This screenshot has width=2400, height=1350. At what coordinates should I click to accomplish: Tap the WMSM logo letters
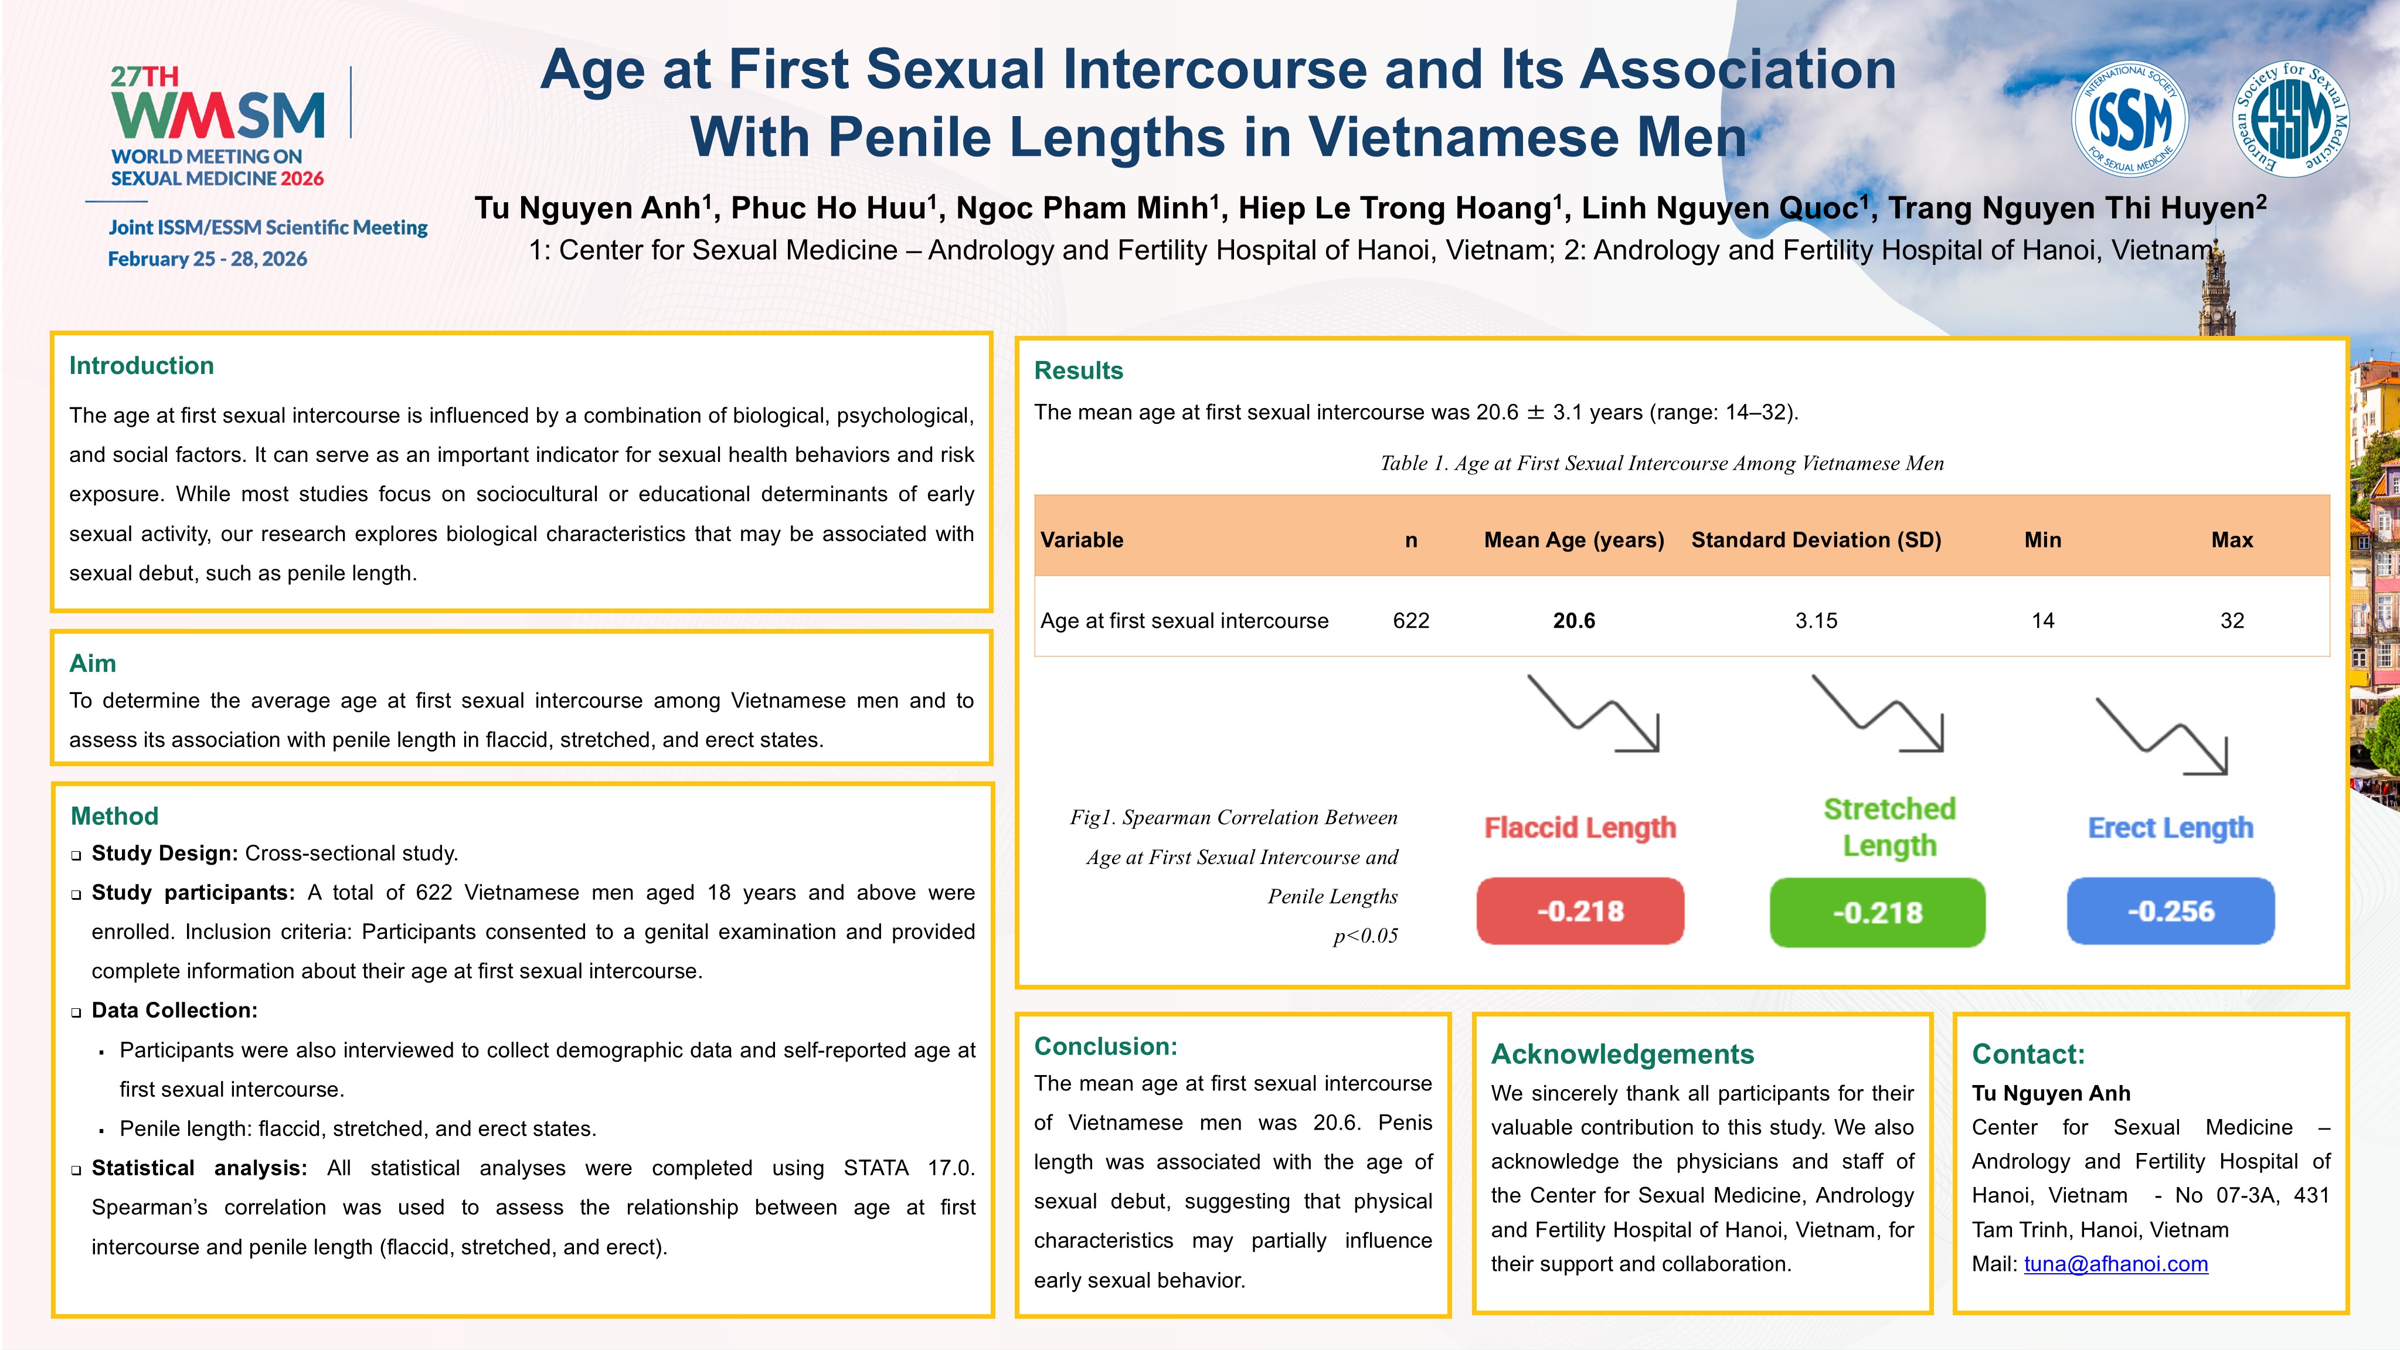tap(218, 115)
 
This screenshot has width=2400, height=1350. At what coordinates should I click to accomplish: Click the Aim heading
tap(92, 664)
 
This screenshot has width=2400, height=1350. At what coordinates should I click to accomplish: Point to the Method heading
tap(114, 816)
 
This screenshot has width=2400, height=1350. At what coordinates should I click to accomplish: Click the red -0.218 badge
tap(1580, 911)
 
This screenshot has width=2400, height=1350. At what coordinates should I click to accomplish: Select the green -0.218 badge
tap(1877, 912)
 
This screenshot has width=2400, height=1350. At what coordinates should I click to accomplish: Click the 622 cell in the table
tap(1410, 621)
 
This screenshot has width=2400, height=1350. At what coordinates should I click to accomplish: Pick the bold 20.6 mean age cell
tap(1573, 621)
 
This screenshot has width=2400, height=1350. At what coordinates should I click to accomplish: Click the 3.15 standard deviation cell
tap(1816, 621)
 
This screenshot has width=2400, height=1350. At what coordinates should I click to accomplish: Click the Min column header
tap(2042, 540)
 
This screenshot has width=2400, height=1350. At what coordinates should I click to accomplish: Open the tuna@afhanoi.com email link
tap(2116, 1264)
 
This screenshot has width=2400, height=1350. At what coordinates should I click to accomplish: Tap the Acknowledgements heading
tap(1622, 1054)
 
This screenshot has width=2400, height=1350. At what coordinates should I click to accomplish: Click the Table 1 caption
tap(1662, 463)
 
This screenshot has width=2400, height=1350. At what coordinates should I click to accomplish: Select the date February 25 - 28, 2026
tap(208, 259)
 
